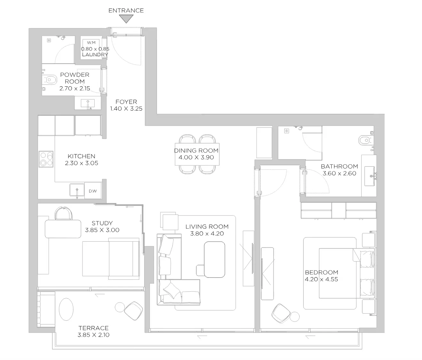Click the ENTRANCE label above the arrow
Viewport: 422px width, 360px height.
tap(126, 11)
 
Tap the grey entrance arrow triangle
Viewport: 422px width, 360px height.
tap(126, 19)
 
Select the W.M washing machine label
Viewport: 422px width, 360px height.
tap(91, 43)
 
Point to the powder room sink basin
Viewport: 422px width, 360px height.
tap(88, 103)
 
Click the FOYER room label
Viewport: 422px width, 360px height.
tap(126, 102)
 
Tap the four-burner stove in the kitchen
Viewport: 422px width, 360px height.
tap(46, 159)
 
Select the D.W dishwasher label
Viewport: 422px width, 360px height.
tap(93, 191)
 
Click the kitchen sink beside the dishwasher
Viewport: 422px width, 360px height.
tap(77, 190)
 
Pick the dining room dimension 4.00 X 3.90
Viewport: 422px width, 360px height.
tap(196, 157)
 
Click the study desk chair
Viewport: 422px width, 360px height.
tap(64, 213)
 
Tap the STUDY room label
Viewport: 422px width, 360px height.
tap(102, 223)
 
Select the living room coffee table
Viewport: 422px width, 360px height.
tap(215, 260)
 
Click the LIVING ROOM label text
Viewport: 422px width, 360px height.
tap(207, 226)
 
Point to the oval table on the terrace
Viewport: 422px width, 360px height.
tap(66, 309)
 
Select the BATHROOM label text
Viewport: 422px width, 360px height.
tap(339, 167)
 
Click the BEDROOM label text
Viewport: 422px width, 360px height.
tap(322, 272)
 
